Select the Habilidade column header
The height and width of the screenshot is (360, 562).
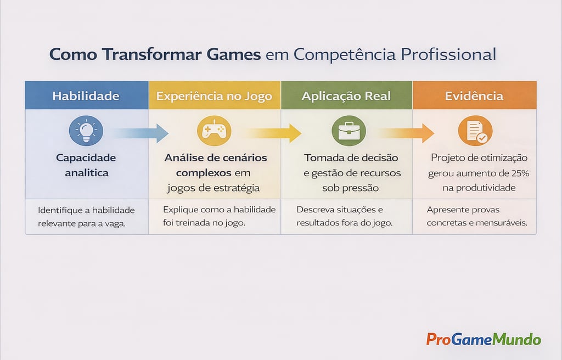[x=86, y=95]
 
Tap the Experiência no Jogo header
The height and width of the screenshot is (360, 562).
[x=214, y=96]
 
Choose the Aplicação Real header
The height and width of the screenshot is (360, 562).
[x=346, y=96]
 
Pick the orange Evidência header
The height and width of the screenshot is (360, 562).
[x=474, y=96]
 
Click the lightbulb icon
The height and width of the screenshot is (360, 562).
[x=86, y=131]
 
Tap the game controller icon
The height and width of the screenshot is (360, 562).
[x=214, y=131]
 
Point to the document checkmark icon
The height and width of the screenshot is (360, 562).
[x=475, y=131]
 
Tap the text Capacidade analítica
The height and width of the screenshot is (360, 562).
[x=86, y=165]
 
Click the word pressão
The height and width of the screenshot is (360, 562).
[x=362, y=188]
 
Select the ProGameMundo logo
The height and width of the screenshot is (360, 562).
[x=484, y=339]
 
